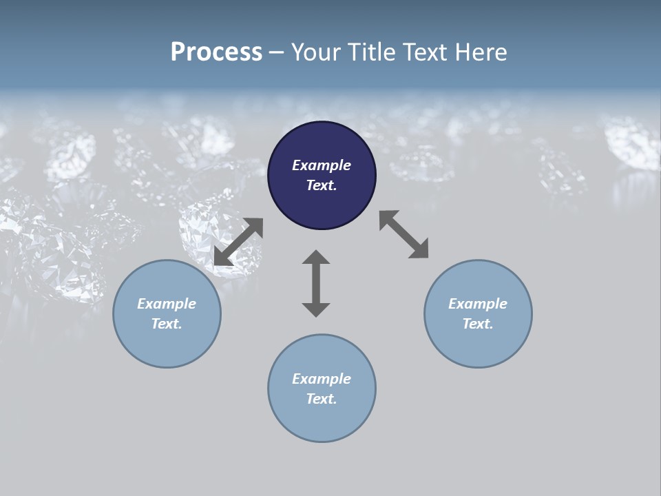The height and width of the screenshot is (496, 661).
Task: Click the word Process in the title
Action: pos(216,52)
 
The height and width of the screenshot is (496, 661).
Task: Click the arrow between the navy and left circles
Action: pos(238,242)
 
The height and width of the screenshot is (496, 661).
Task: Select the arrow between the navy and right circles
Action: pos(404,234)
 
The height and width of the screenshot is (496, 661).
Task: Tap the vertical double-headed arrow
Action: pos(316,283)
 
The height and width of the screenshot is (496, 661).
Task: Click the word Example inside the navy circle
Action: pos(322,165)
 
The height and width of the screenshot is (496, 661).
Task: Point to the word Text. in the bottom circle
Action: pos(322,399)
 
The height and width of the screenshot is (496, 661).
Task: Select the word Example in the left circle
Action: pos(167,304)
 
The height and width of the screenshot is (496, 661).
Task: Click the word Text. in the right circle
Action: pos(478,324)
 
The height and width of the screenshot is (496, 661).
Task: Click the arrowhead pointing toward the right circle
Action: pos(419,249)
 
